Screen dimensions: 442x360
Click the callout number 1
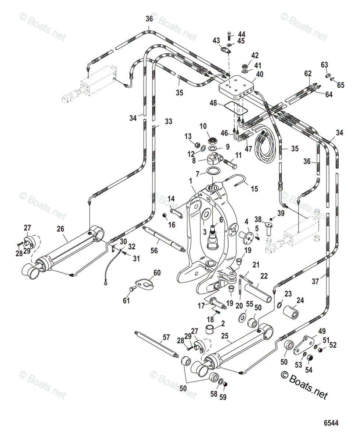pyautogui.click(x=191, y=182)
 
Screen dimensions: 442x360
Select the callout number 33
pyautogui.click(x=168, y=121)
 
